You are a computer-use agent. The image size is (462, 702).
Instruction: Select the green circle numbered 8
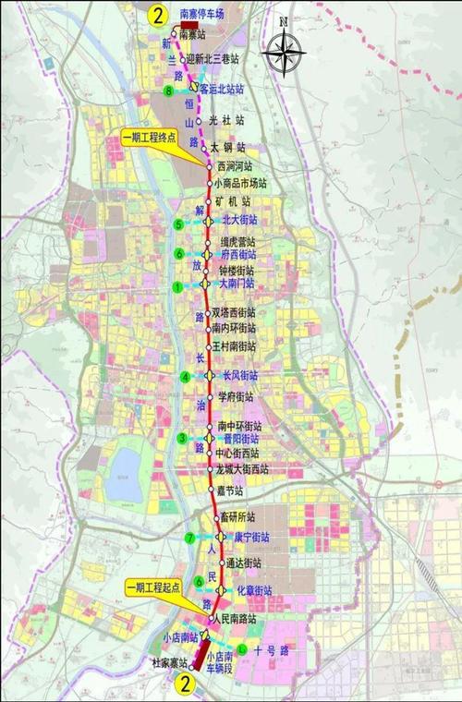tap(167, 91)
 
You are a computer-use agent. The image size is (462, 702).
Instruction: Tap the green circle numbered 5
tap(178, 224)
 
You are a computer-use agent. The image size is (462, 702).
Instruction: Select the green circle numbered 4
tap(186, 376)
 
